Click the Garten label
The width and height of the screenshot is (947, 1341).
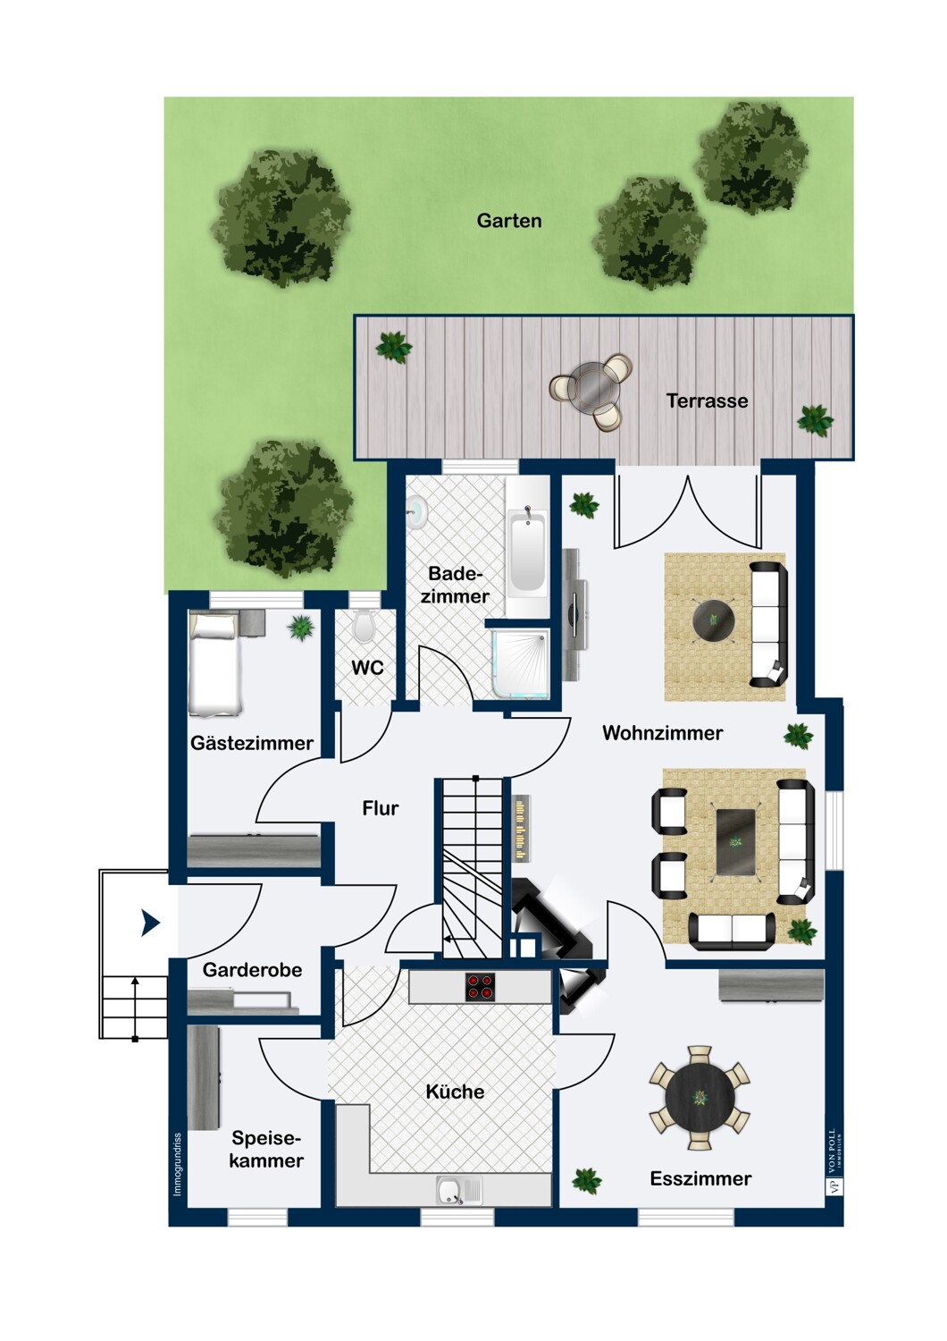[x=509, y=221]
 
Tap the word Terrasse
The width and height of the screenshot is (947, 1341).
[x=707, y=401]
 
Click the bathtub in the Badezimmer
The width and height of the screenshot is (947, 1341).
[x=527, y=548]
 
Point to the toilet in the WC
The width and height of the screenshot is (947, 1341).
[x=364, y=627]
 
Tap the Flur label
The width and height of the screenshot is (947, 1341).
[x=380, y=808]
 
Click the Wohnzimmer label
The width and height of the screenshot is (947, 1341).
[x=662, y=733]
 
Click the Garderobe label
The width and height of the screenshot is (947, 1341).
[x=252, y=970]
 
